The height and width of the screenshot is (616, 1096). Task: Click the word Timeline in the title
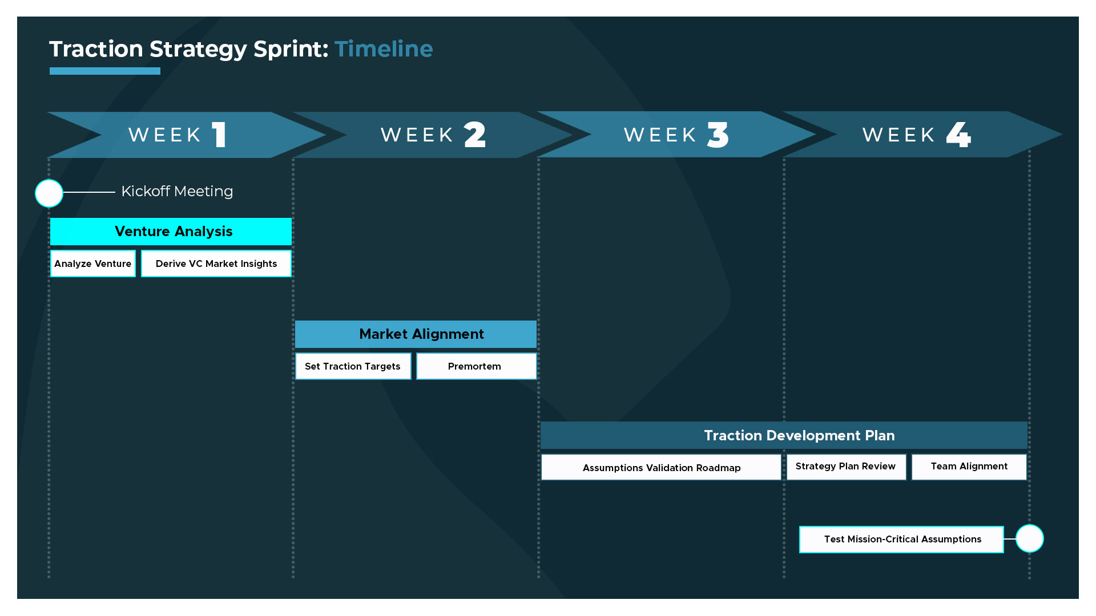[x=384, y=49]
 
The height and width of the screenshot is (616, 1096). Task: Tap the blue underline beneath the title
[x=105, y=71]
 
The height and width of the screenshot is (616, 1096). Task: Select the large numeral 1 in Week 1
[x=219, y=135]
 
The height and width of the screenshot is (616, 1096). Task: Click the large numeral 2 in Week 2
[x=475, y=135]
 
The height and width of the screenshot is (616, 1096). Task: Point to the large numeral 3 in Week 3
[x=718, y=135]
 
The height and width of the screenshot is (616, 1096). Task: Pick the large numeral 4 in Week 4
[x=958, y=135]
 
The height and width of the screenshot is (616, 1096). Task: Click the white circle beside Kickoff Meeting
[x=49, y=193]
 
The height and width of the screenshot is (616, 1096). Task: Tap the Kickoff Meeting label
[x=177, y=192]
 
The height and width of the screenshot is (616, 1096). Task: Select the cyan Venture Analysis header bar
[x=171, y=232]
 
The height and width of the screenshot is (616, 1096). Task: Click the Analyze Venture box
[x=93, y=264]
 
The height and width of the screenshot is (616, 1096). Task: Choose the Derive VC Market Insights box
[x=216, y=264]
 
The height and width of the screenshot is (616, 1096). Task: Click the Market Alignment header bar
[x=416, y=334]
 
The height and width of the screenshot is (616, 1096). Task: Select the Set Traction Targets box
[x=353, y=366]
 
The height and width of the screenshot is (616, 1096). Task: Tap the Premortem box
[x=476, y=366]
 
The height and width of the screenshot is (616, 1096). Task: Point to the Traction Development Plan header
[x=784, y=436]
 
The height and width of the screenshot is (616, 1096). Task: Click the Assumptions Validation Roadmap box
[x=661, y=467]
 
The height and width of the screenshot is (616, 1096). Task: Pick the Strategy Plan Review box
[x=846, y=467]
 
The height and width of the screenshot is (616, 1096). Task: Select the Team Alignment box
[x=969, y=467]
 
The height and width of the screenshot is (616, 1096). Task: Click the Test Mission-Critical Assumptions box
[x=901, y=540]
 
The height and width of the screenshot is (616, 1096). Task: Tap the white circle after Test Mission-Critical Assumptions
[x=1030, y=538]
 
